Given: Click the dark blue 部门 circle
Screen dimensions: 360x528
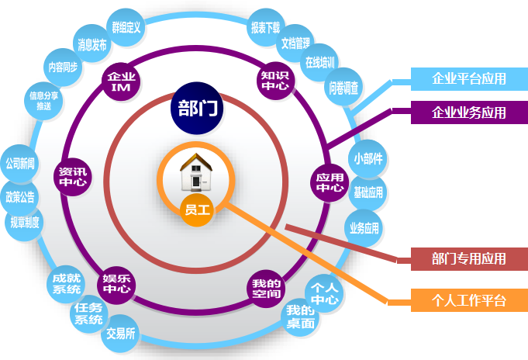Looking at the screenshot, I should (197, 106).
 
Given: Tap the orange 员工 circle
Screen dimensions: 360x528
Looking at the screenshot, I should (197, 209).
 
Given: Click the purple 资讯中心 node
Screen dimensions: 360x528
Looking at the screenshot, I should (74, 177).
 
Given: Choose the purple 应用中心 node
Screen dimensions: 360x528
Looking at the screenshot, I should (330, 182).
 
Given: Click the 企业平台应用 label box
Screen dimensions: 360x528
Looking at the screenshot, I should (468, 78).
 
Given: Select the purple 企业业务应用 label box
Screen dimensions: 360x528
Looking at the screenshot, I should (468, 112).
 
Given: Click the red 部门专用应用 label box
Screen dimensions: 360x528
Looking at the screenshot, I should (468, 259).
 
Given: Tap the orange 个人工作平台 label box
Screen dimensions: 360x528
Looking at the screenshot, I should (468, 300).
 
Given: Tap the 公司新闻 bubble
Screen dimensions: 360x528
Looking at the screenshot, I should (21, 164).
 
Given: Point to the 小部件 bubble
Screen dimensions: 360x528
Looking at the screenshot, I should (368, 158).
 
